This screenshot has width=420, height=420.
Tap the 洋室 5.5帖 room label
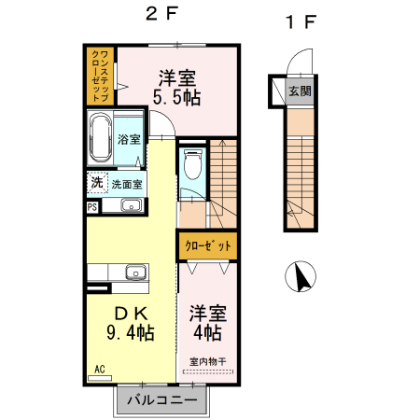click(x=178, y=87)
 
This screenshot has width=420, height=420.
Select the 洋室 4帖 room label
click(x=205, y=322)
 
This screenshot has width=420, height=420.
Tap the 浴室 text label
click(x=130, y=139)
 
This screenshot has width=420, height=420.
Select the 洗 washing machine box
click(x=97, y=183)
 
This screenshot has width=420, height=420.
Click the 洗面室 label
click(x=127, y=184)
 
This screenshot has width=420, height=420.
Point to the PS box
click(x=91, y=207)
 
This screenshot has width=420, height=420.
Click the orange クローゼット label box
click(x=206, y=246)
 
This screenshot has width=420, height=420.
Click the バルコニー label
click(x=162, y=401)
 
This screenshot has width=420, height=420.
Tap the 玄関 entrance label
click(x=300, y=91)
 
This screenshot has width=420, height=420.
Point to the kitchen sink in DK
click(x=135, y=273)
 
